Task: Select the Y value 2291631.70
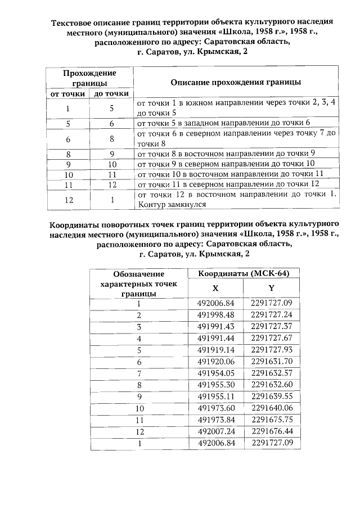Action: pyautogui.click(x=271, y=361)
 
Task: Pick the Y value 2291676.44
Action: pyautogui.click(x=271, y=431)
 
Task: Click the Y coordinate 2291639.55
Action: pyautogui.click(x=271, y=396)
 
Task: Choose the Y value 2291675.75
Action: pyautogui.click(x=271, y=420)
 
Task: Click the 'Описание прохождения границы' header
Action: pyautogui.click(x=235, y=82)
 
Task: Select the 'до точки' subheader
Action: pyautogui.click(x=111, y=94)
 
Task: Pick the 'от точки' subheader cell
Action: pyautogui.click(x=68, y=94)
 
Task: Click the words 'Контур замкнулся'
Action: pyautogui.click(x=166, y=205)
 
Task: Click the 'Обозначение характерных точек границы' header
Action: pyautogui.click(x=138, y=283)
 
